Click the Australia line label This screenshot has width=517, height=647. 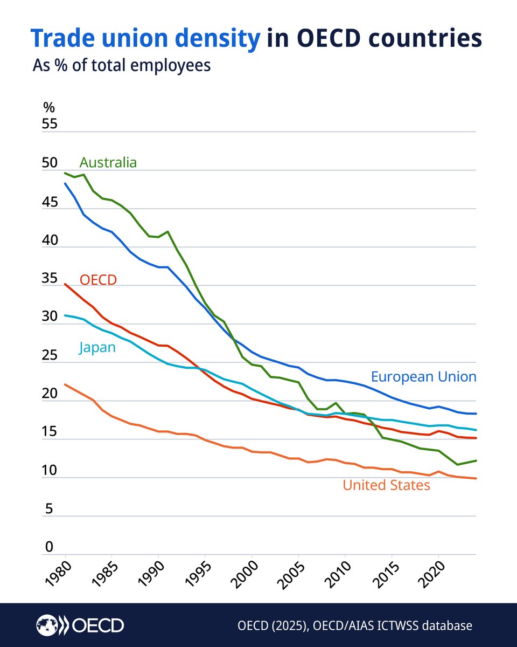pyautogui.click(x=108, y=162)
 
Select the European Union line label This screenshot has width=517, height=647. pyautogui.click(x=423, y=376)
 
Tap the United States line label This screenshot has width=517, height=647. pyautogui.click(x=386, y=485)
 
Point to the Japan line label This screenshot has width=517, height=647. pyautogui.click(x=97, y=347)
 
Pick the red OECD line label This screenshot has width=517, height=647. pyautogui.click(x=98, y=279)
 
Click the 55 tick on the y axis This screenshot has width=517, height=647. pyautogui.click(x=49, y=124)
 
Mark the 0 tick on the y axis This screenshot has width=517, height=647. pyautogui.click(x=49, y=547)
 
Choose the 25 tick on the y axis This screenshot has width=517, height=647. pyautogui.click(x=49, y=355)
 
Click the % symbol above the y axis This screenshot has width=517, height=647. pyautogui.click(x=49, y=107)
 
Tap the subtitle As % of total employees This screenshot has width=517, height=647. pyautogui.click(x=121, y=66)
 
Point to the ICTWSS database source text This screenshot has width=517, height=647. pyautogui.click(x=355, y=626)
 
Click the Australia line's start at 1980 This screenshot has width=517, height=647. pyautogui.click(x=65, y=173)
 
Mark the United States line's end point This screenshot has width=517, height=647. pyautogui.click(x=476, y=478)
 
